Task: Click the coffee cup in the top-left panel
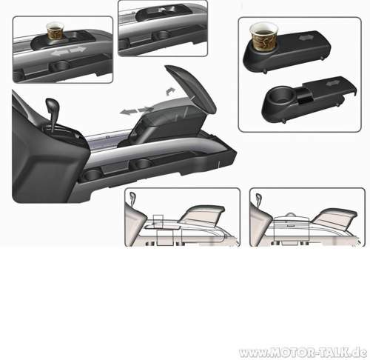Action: coord(55,31)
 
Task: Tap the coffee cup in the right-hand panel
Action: coord(263,36)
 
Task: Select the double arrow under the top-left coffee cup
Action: coord(70,51)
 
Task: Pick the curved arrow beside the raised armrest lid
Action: coord(170,91)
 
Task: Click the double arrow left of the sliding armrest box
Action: coord(136,110)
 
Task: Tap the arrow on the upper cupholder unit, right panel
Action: coord(306,38)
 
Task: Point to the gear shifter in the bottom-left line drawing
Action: coord(132,199)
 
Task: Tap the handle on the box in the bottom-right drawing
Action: coord(291,214)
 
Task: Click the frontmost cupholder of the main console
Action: coord(92,174)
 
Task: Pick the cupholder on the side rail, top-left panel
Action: coord(59,66)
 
